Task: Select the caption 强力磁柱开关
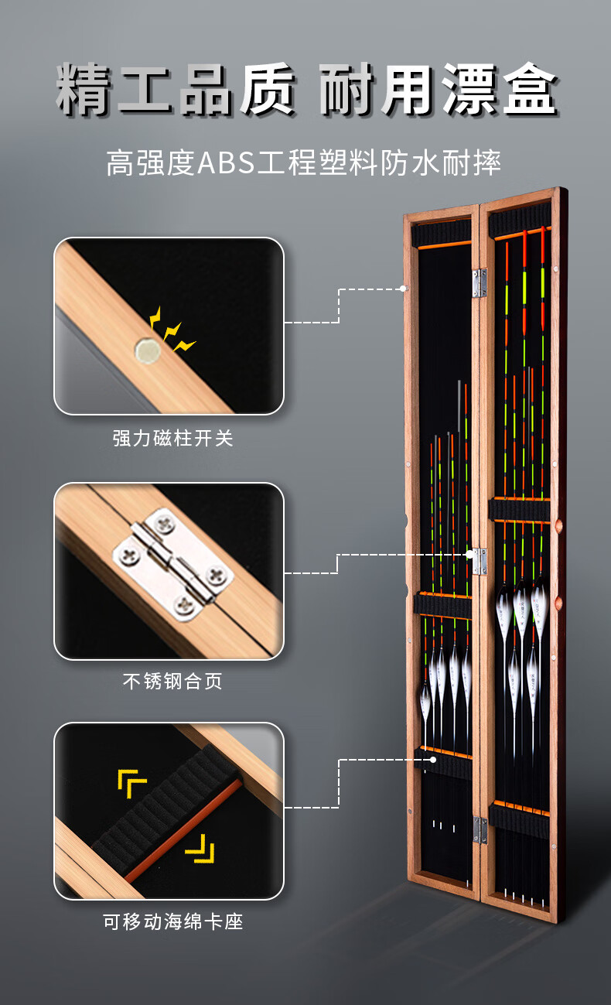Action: click(172, 438)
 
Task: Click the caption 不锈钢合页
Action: click(172, 682)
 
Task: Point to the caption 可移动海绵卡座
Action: click(172, 921)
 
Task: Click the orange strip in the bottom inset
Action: click(183, 832)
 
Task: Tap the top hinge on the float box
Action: click(480, 282)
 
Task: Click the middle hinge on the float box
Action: click(480, 561)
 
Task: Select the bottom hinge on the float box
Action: click(480, 829)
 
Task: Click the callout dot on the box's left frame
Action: click(404, 289)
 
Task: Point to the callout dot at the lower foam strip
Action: click(434, 760)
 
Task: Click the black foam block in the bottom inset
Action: click(166, 812)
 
